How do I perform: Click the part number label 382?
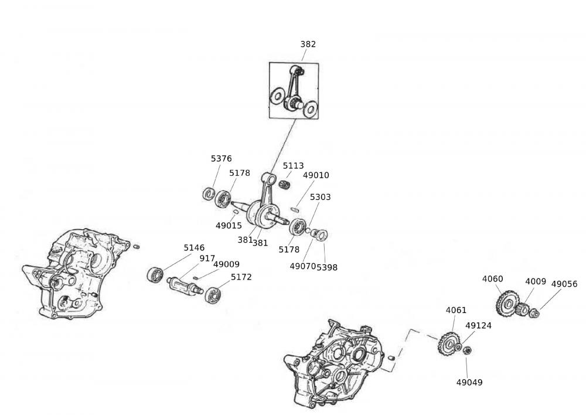point(308,44)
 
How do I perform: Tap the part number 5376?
point(221,158)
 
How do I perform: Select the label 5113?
point(293,166)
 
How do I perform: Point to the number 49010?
point(316,175)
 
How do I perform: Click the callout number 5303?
point(320,197)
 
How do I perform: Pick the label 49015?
point(227,225)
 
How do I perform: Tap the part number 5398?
point(327,267)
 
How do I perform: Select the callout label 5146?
point(194,248)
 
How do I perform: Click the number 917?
point(207,258)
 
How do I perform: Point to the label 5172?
point(241,277)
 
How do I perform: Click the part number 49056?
point(564,284)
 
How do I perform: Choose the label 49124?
point(478,325)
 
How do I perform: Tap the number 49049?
point(469,382)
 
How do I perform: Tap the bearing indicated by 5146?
point(155,274)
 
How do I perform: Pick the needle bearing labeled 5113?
point(285,185)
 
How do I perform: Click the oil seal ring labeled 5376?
point(207,193)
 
